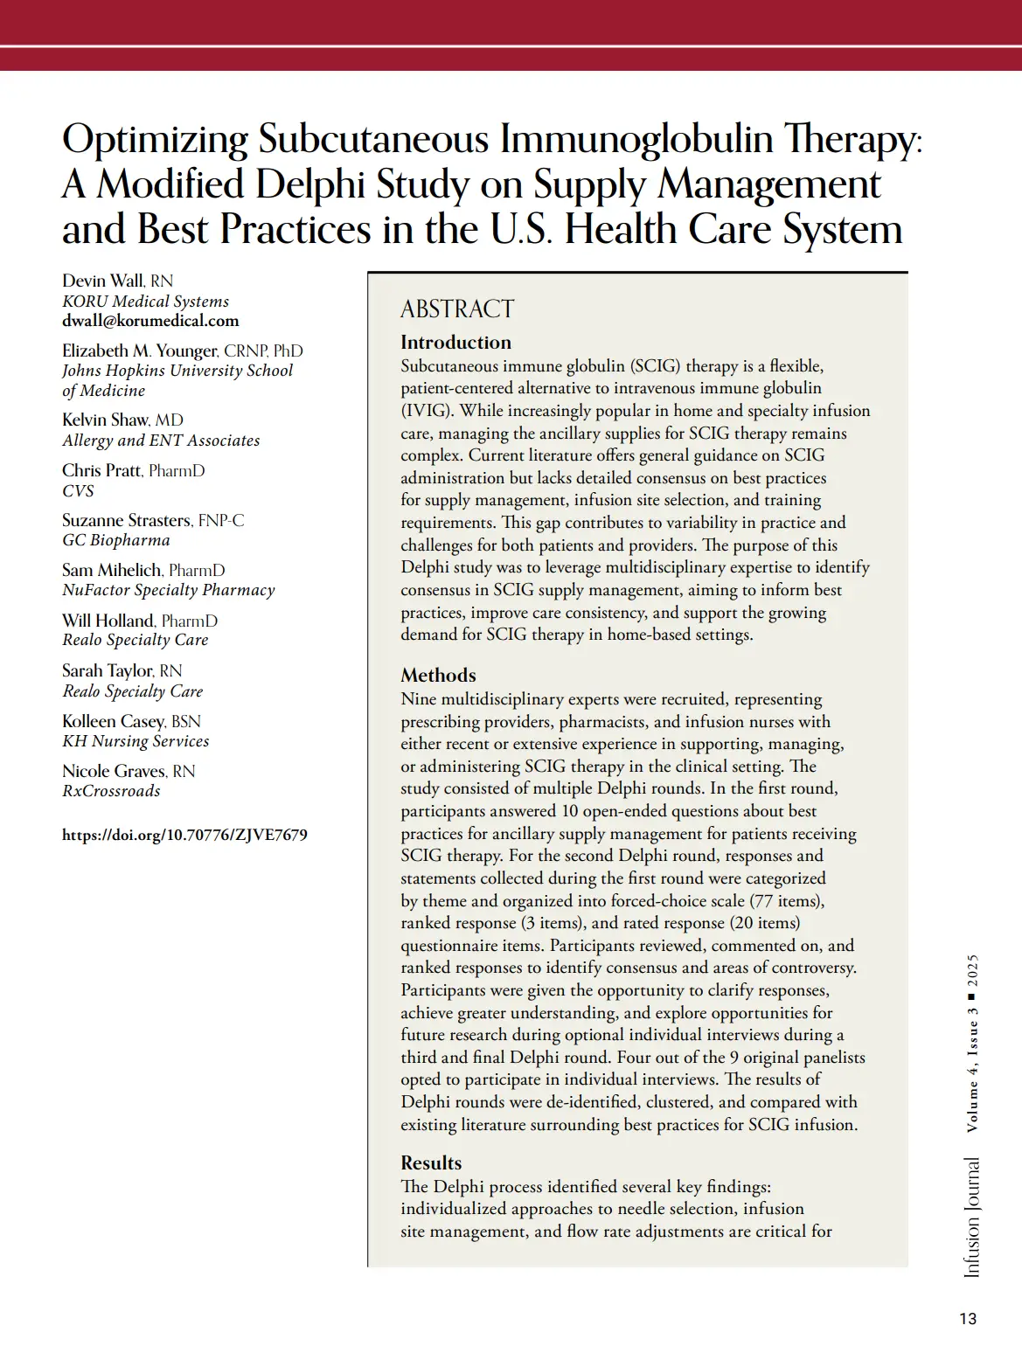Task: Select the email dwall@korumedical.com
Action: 150,321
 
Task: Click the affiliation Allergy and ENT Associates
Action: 161,441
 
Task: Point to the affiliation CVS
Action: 78,490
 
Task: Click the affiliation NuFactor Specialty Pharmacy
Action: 169,590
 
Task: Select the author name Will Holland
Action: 108,621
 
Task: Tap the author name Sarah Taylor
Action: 108,670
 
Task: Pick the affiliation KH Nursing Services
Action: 136,741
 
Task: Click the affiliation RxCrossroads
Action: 111,791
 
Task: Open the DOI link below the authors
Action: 184,835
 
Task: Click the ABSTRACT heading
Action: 457,309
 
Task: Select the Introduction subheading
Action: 455,342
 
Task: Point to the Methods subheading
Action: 438,675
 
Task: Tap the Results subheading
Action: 431,1162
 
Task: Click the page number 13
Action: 968,1319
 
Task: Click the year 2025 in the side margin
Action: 972,970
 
